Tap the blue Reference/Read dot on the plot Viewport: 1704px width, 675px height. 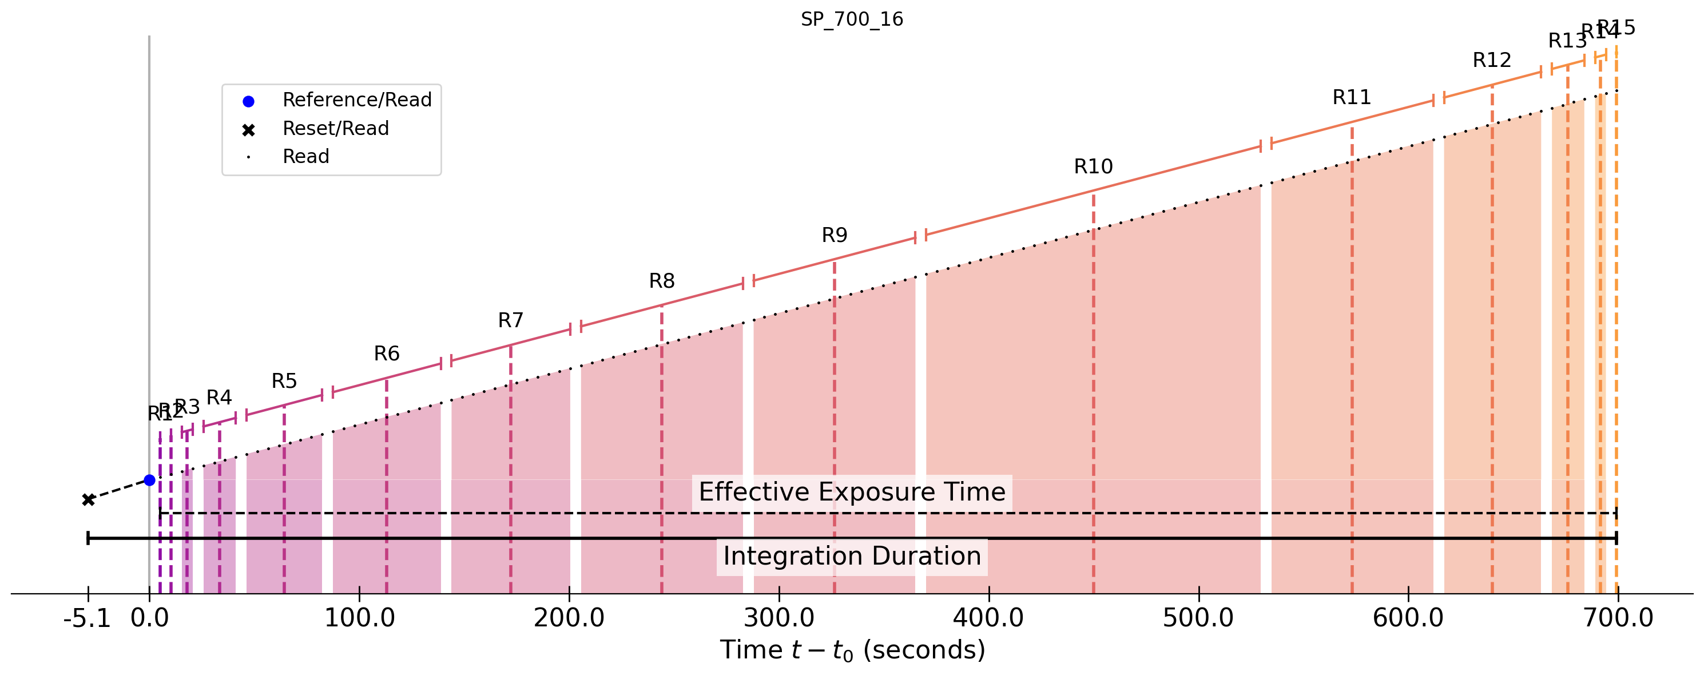[149, 480]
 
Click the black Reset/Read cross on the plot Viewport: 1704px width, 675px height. [88, 499]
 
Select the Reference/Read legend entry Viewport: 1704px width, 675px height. [356, 100]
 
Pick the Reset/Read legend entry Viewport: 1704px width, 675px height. [335, 128]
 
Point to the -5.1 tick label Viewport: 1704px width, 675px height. [86, 618]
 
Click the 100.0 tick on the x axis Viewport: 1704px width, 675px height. [359, 618]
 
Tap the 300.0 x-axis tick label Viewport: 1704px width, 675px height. [778, 618]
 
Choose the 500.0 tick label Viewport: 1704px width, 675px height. [1198, 618]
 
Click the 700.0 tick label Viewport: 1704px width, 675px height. [1618, 618]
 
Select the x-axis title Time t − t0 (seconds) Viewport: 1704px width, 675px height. [852, 650]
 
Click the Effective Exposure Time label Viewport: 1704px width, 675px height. [852, 493]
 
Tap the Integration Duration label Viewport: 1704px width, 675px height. [852, 557]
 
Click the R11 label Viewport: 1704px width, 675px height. [1352, 98]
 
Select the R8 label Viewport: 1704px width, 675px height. [661, 281]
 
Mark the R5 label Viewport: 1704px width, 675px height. [284, 381]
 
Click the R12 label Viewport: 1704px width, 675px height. [1492, 61]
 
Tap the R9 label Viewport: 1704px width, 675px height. [834, 236]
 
